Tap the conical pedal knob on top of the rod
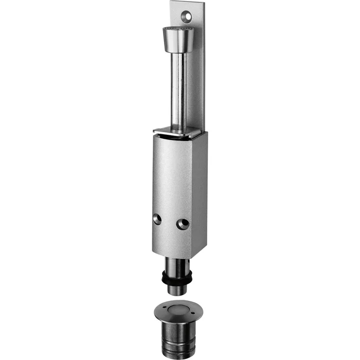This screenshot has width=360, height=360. tap(177, 41)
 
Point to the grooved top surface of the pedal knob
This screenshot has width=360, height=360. tap(178, 29)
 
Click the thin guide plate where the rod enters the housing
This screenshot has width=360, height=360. tap(177, 132)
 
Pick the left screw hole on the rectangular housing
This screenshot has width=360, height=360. tap(157, 219)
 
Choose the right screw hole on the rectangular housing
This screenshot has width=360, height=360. tap(182, 224)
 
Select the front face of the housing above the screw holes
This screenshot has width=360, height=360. tap(172, 175)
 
